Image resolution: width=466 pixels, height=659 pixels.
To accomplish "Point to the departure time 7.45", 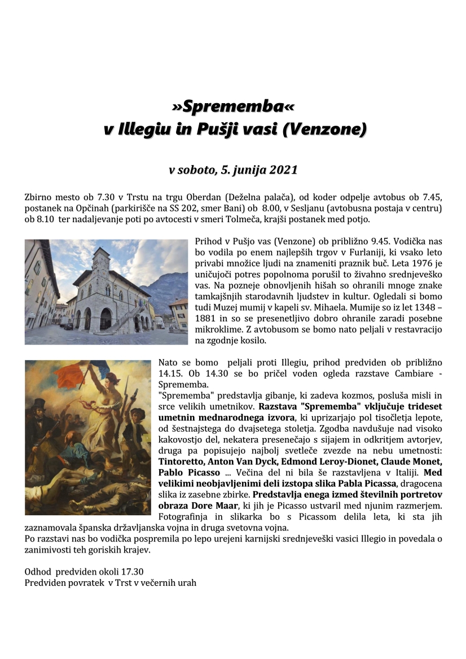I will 432,197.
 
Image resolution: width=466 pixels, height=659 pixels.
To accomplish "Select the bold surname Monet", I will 427,461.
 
